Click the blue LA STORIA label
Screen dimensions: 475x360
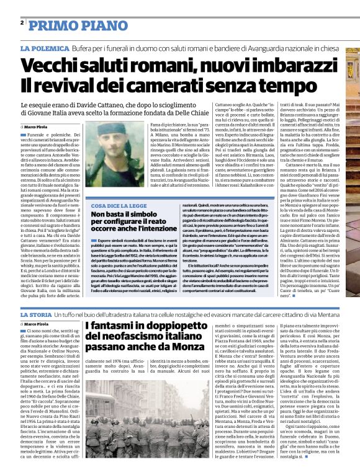[x=37, y=317]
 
